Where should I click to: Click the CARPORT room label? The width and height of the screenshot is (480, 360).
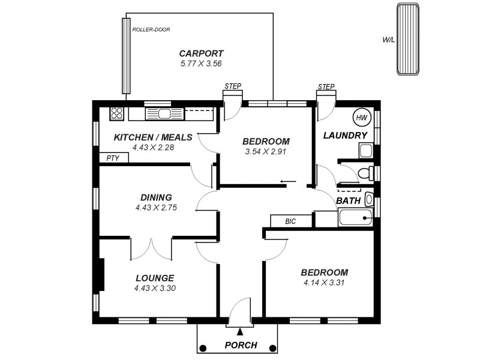[202, 53]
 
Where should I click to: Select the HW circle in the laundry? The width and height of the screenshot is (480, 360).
[361, 117]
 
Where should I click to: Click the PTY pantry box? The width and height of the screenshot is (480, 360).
[113, 158]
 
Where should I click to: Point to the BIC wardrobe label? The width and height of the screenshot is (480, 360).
[290, 221]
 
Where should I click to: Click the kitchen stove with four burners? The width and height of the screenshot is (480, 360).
[116, 113]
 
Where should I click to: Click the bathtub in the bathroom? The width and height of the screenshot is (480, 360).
[355, 217]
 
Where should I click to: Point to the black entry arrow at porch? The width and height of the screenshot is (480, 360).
[240, 331]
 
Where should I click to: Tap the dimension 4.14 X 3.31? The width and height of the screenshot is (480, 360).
[324, 283]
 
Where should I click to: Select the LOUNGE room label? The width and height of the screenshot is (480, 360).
[155, 278]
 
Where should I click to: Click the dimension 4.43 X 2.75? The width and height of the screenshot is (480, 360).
[156, 208]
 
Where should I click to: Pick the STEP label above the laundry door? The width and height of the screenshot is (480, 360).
[326, 86]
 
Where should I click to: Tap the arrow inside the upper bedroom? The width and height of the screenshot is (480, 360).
[288, 181]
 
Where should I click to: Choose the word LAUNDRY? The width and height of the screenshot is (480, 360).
[345, 136]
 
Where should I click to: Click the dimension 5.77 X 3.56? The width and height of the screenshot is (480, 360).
[202, 63]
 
